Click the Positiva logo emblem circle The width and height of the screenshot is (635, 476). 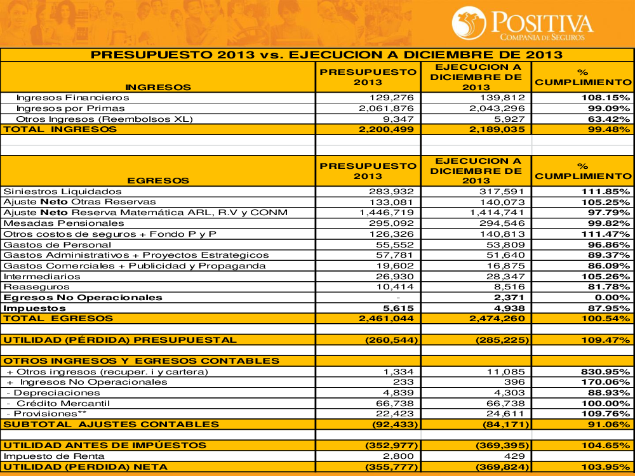tap(469, 22)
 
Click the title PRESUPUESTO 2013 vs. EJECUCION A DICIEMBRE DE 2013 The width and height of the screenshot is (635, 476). tap(317, 55)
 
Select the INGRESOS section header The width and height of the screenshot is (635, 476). tap(158, 87)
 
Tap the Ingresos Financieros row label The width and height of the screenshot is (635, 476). tap(72, 98)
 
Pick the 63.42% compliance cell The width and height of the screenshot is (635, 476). tap(605, 119)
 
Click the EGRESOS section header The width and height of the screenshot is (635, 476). tap(158, 181)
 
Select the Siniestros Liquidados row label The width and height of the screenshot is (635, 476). tap(62, 191)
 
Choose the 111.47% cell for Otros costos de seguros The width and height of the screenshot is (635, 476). tap(605, 234)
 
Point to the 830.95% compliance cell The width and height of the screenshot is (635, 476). tap(605, 371)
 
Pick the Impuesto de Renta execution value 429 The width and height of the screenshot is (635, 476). tap(516, 456)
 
